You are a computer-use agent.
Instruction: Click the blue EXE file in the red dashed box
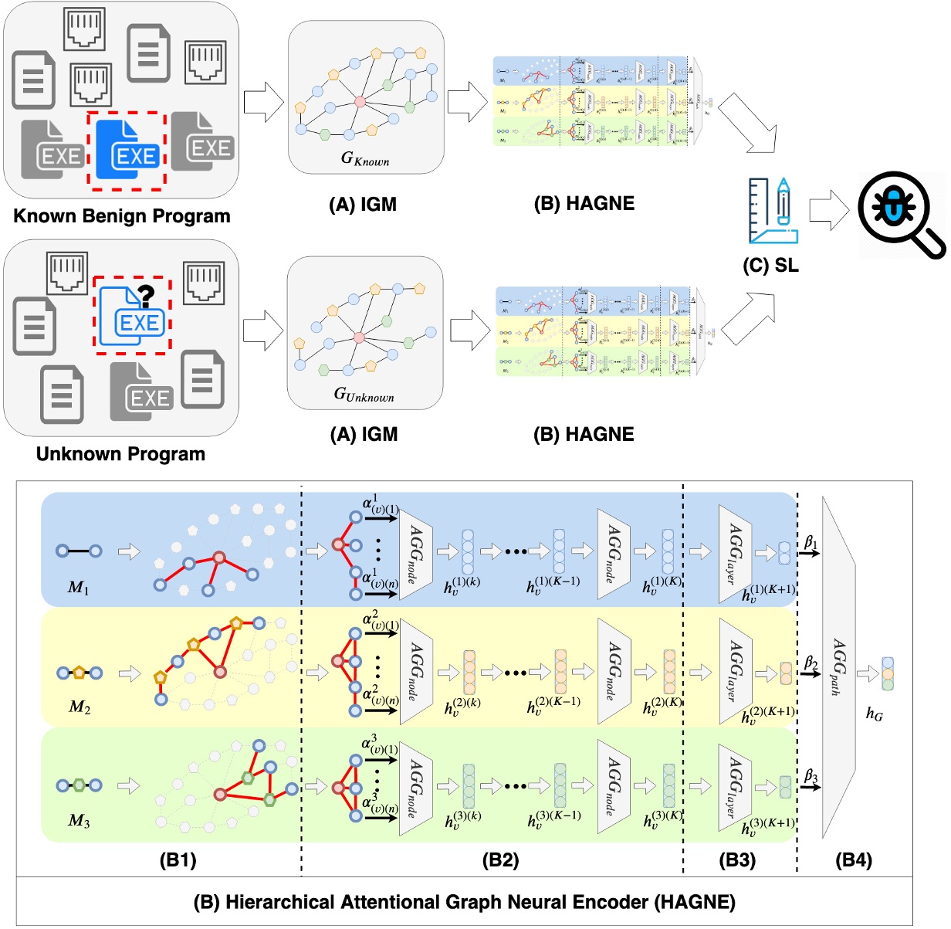point(127,151)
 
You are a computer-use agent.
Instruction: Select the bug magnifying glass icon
point(899,212)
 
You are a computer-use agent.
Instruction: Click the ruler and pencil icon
point(773,212)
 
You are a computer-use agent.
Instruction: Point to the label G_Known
point(365,158)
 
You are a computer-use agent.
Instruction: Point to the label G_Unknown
point(364,395)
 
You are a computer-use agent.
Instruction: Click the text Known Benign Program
point(122,216)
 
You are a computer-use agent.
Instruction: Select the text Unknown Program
point(120,454)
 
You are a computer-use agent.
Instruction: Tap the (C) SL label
point(770,266)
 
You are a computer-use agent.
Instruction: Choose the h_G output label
point(874,714)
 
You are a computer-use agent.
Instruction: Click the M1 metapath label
point(78,588)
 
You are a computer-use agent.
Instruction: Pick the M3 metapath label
point(79,820)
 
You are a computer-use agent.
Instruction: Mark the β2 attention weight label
point(811,663)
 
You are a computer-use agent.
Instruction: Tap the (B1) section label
point(178,860)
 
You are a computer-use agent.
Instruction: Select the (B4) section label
point(854,860)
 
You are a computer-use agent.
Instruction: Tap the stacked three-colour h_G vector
point(888,674)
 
